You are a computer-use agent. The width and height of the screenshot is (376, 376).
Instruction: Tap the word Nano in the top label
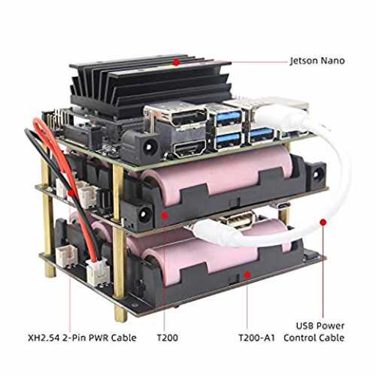point(333,61)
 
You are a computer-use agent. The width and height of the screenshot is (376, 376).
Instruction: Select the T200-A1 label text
point(256,338)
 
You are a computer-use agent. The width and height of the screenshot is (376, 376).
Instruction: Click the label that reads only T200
point(168,338)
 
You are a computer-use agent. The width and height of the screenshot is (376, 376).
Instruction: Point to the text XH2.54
point(44,338)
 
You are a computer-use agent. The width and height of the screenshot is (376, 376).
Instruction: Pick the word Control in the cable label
point(299,338)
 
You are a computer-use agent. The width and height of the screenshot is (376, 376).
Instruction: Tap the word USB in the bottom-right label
point(304,326)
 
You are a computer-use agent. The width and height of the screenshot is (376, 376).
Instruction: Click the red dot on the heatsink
point(177,62)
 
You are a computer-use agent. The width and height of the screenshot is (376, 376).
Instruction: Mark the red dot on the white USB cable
point(323,222)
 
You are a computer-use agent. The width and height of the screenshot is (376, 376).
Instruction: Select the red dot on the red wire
point(71,193)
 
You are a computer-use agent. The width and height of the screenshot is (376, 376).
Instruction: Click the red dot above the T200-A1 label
point(247,275)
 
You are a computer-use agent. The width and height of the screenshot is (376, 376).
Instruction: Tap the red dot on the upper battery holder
point(165,215)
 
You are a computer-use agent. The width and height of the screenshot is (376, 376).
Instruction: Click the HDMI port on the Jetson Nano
point(190,148)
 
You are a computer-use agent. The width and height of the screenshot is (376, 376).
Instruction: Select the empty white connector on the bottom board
point(66,256)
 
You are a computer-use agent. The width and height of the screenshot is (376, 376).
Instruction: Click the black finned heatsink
point(150,85)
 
